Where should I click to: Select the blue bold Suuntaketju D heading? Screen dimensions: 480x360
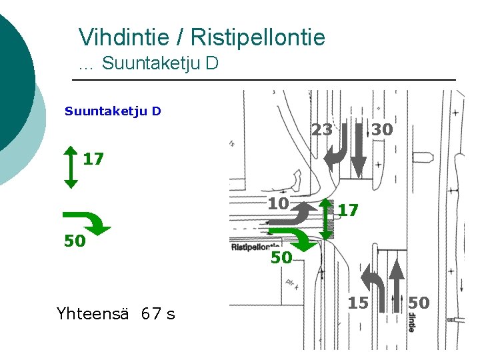[x=113, y=111]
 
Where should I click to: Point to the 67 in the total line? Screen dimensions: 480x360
[x=151, y=313]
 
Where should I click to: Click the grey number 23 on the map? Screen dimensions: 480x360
[x=322, y=130]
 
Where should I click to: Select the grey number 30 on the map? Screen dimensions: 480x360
[x=382, y=130]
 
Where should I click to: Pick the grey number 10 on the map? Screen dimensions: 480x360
[x=278, y=203]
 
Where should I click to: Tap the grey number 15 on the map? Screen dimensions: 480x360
[x=358, y=303]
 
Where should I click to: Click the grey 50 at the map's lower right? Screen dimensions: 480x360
[x=419, y=303]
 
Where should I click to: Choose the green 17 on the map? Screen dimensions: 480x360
[x=348, y=211]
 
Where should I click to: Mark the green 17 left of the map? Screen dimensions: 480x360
[x=93, y=159]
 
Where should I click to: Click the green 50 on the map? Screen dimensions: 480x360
[x=281, y=257]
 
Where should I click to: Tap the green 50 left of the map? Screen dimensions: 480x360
[x=75, y=241]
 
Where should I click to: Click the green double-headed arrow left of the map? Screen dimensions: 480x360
[x=70, y=167]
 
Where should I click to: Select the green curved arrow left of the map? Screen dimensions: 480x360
[x=87, y=222]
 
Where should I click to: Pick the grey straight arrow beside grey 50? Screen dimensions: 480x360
[x=396, y=287]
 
